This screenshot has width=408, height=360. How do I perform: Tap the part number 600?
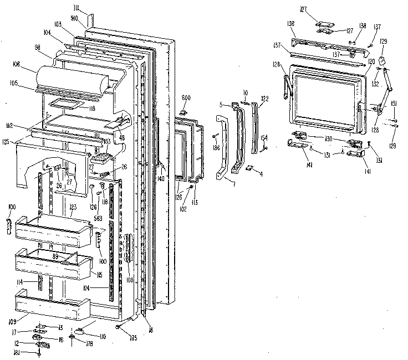(186, 97)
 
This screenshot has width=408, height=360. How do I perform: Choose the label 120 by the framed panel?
(371, 61)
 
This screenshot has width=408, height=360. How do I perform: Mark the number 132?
(375, 85)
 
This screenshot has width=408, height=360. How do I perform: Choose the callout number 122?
(264, 99)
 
